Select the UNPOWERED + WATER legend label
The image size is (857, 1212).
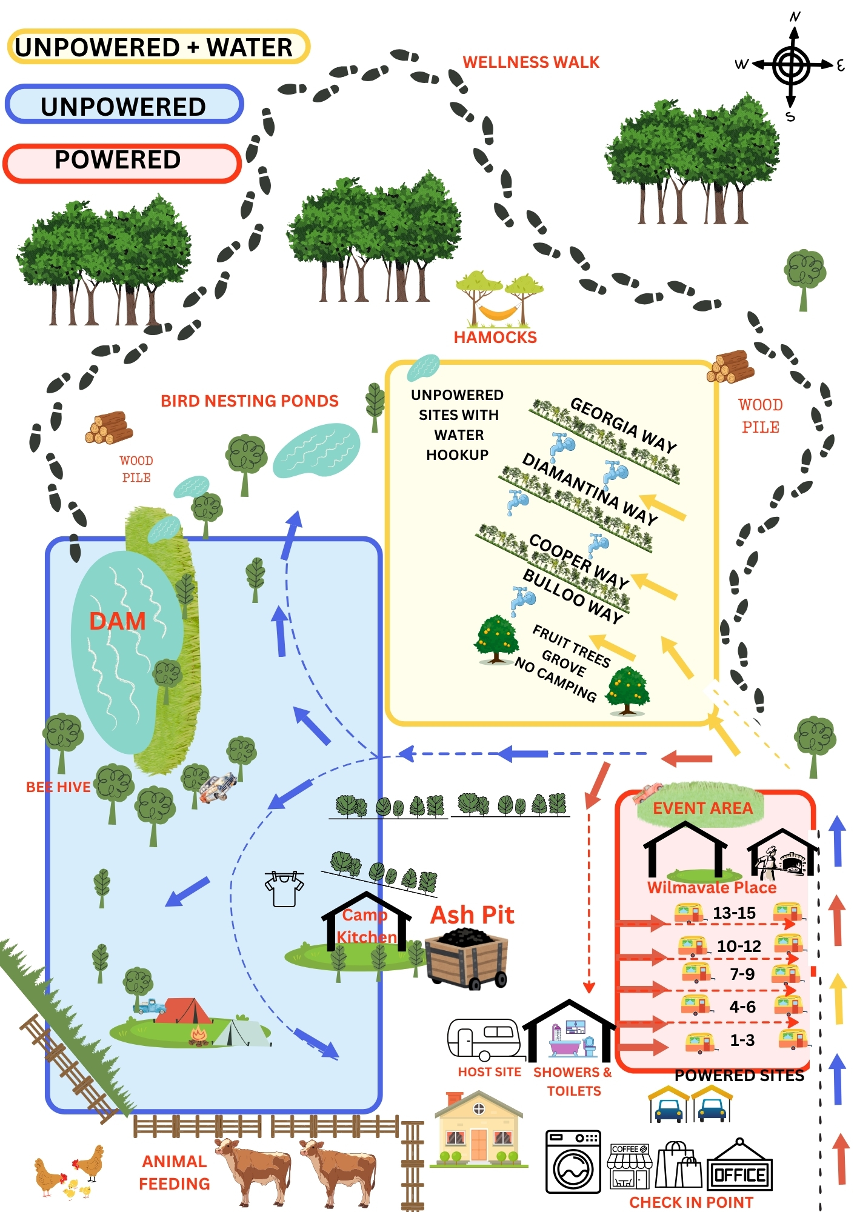(155, 47)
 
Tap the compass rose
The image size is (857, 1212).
(791, 65)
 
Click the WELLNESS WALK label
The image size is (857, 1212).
(530, 62)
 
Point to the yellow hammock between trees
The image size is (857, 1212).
(498, 312)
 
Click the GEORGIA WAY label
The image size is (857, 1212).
(623, 425)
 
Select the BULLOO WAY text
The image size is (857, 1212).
(573, 596)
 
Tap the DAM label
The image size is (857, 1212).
(117, 621)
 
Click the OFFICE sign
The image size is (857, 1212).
(740, 1175)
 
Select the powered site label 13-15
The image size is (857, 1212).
(734, 913)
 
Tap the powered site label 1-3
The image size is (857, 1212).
(742, 1040)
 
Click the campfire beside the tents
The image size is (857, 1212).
(198, 1035)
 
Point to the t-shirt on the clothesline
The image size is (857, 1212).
(284, 889)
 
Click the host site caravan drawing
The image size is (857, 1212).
(484, 1039)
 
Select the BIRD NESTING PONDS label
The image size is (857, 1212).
(249, 401)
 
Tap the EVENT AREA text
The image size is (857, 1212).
(702, 808)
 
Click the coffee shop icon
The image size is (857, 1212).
(629, 1166)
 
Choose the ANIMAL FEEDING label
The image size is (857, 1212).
(175, 1172)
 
